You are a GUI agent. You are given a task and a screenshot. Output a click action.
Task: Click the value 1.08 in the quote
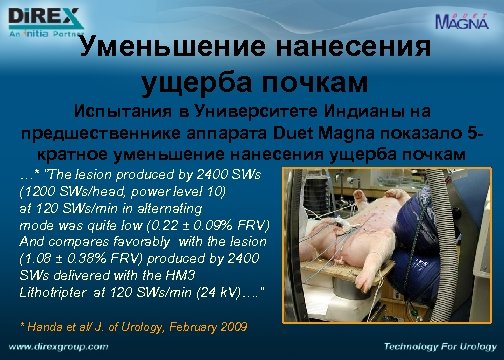40,259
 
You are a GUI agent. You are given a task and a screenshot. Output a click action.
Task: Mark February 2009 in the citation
205,326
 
